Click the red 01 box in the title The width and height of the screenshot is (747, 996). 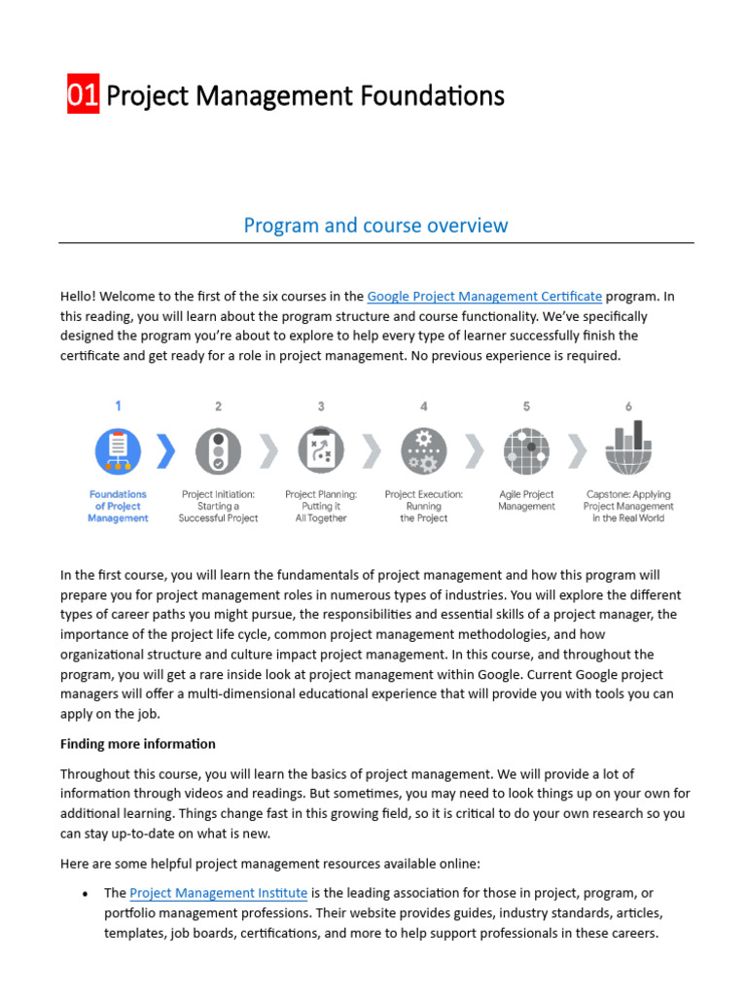(x=83, y=95)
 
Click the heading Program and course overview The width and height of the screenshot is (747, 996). (x=375, y=226)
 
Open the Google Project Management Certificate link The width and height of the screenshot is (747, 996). (x=484, y=297)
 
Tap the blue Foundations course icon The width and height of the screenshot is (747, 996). (x=118, y=451)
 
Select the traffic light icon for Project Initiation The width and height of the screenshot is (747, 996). (x=218, y=451)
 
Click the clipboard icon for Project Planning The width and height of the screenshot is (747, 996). (x=321, y=451)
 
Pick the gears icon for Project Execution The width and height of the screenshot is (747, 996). (x=424, y=451)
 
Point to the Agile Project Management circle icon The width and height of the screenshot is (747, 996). (x=526, y=451)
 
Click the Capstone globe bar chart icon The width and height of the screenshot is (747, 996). (x=628, y=446)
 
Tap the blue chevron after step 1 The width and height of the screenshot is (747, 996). (x=167, y=451)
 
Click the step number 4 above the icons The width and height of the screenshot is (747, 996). (x=424, y=407)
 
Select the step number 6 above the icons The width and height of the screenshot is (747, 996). (x=628, y=407)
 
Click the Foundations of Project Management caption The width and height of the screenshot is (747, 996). (x=118, y=507)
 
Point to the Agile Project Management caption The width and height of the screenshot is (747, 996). (x=526, y=501)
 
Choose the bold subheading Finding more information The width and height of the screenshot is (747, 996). (x=138, y=744)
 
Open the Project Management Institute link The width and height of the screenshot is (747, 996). (x=219, y=893)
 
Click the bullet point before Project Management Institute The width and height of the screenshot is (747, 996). (x=87, y=894)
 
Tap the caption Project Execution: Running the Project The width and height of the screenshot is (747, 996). (x=424, y=507)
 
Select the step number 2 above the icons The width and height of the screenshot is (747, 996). (x=218, y=407)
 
